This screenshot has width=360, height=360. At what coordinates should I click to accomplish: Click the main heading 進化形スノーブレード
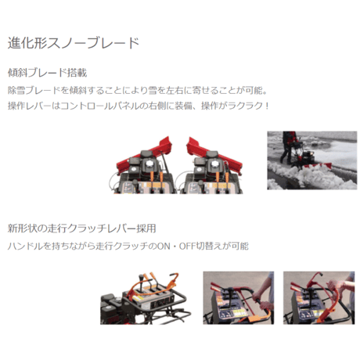(74, 43)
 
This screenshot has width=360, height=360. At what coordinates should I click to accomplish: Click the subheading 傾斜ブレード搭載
(47, 73)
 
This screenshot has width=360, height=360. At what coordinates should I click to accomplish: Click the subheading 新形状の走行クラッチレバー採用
(81, 229)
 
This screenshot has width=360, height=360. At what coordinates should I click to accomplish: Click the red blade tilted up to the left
(214, 154)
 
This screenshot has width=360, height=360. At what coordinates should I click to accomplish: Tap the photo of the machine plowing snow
(312, 160)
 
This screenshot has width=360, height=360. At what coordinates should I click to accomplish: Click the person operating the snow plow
(288, 146)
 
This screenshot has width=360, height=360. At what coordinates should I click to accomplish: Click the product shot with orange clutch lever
(146, 298)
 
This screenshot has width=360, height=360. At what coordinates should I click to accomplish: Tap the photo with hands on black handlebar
(239, 298)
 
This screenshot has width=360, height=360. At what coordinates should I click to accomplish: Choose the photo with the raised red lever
(319, 298)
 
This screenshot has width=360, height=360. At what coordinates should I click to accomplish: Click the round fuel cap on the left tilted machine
(149, 164)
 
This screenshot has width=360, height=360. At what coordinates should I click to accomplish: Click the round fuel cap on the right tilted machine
(215, 164)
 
